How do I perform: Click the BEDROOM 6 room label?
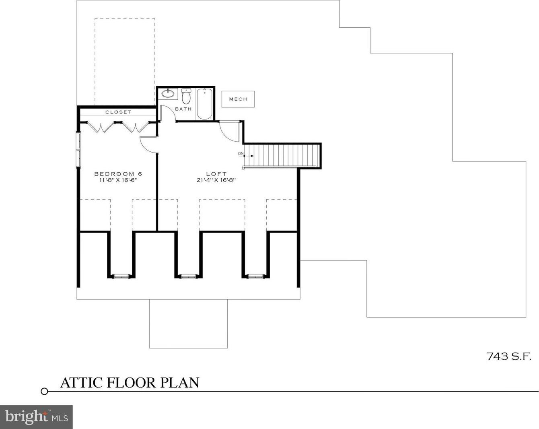click(x=118, y=174)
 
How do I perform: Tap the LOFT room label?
click(x=216, y=174)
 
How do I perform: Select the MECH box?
click(x=238, y=99)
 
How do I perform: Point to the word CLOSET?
click(x=118, y=112)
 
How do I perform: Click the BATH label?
click(x=183, y=109)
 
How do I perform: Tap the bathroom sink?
click(x=168, y=94)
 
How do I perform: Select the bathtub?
click(x=205, y=104)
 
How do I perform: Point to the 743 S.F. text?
click(x=508, y=356)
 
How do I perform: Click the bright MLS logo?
click(x=36, y=417)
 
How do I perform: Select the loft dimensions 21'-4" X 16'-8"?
click(x=216, y=180)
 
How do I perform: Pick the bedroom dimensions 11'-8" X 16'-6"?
click(x=118, y=180)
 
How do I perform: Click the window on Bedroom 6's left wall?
click(x=79, y=149)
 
